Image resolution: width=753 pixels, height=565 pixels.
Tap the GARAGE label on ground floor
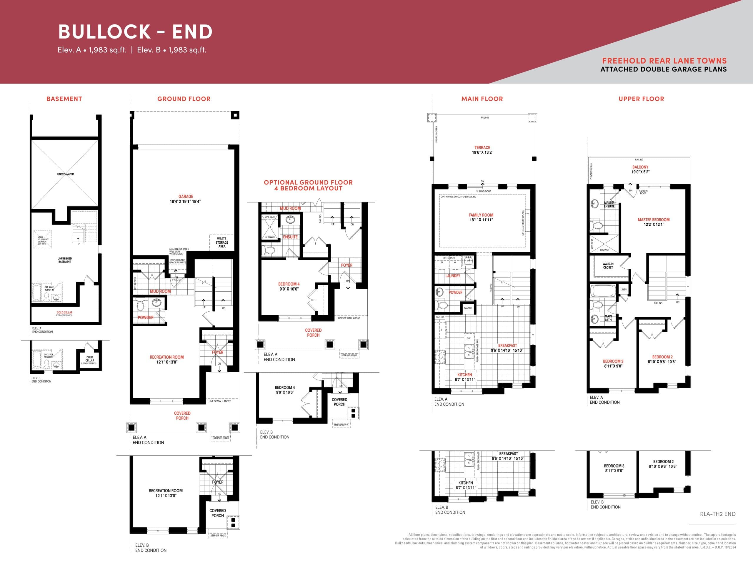pos(186,197)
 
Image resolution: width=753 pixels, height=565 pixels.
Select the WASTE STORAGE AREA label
pos(221,242)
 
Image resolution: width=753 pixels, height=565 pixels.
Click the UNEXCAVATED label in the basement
pos(65,174)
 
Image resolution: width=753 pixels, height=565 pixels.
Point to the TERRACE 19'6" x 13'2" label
pos(482,150)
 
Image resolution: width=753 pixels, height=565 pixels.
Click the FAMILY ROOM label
pos(481,215)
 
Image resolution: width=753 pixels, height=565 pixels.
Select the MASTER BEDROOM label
pos(653,220)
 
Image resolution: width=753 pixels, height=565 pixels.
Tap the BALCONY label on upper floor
pos(640,167)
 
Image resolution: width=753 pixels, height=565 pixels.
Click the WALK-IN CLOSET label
pos(608,265)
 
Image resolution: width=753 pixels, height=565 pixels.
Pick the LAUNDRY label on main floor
pos(452,276)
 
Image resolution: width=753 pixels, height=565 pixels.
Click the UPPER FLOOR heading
pos(641,99)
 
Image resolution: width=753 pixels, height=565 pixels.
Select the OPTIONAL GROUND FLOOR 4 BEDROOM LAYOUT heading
pos(308,185)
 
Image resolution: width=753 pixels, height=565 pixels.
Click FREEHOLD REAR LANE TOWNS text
pos(664,61)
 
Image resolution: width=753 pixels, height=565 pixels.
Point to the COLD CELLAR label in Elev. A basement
pos(64,312)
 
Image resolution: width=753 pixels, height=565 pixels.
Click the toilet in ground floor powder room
pos(140,305)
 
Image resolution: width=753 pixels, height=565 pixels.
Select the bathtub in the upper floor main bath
pos(602,291)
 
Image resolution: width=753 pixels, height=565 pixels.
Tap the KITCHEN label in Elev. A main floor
pos(464,375)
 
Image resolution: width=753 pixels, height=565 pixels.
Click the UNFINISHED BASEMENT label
pos(64,260)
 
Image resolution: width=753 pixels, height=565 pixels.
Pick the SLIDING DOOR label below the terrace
pos(483,191)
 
